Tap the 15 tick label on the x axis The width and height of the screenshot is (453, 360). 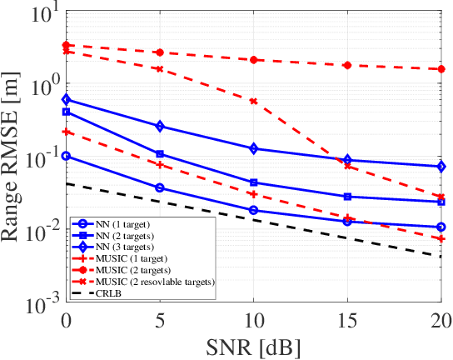click(347, 320)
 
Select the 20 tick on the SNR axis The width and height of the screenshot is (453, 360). click(441, 320)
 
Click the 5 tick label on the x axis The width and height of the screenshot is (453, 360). click(159, 320)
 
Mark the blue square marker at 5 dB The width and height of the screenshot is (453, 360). click(159, 154)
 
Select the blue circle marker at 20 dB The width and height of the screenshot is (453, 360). click(441, 227)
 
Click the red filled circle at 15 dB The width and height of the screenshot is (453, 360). click(347, 65)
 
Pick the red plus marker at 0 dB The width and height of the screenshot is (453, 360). click(65, 132)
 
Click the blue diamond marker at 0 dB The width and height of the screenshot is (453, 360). click(65, 99)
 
